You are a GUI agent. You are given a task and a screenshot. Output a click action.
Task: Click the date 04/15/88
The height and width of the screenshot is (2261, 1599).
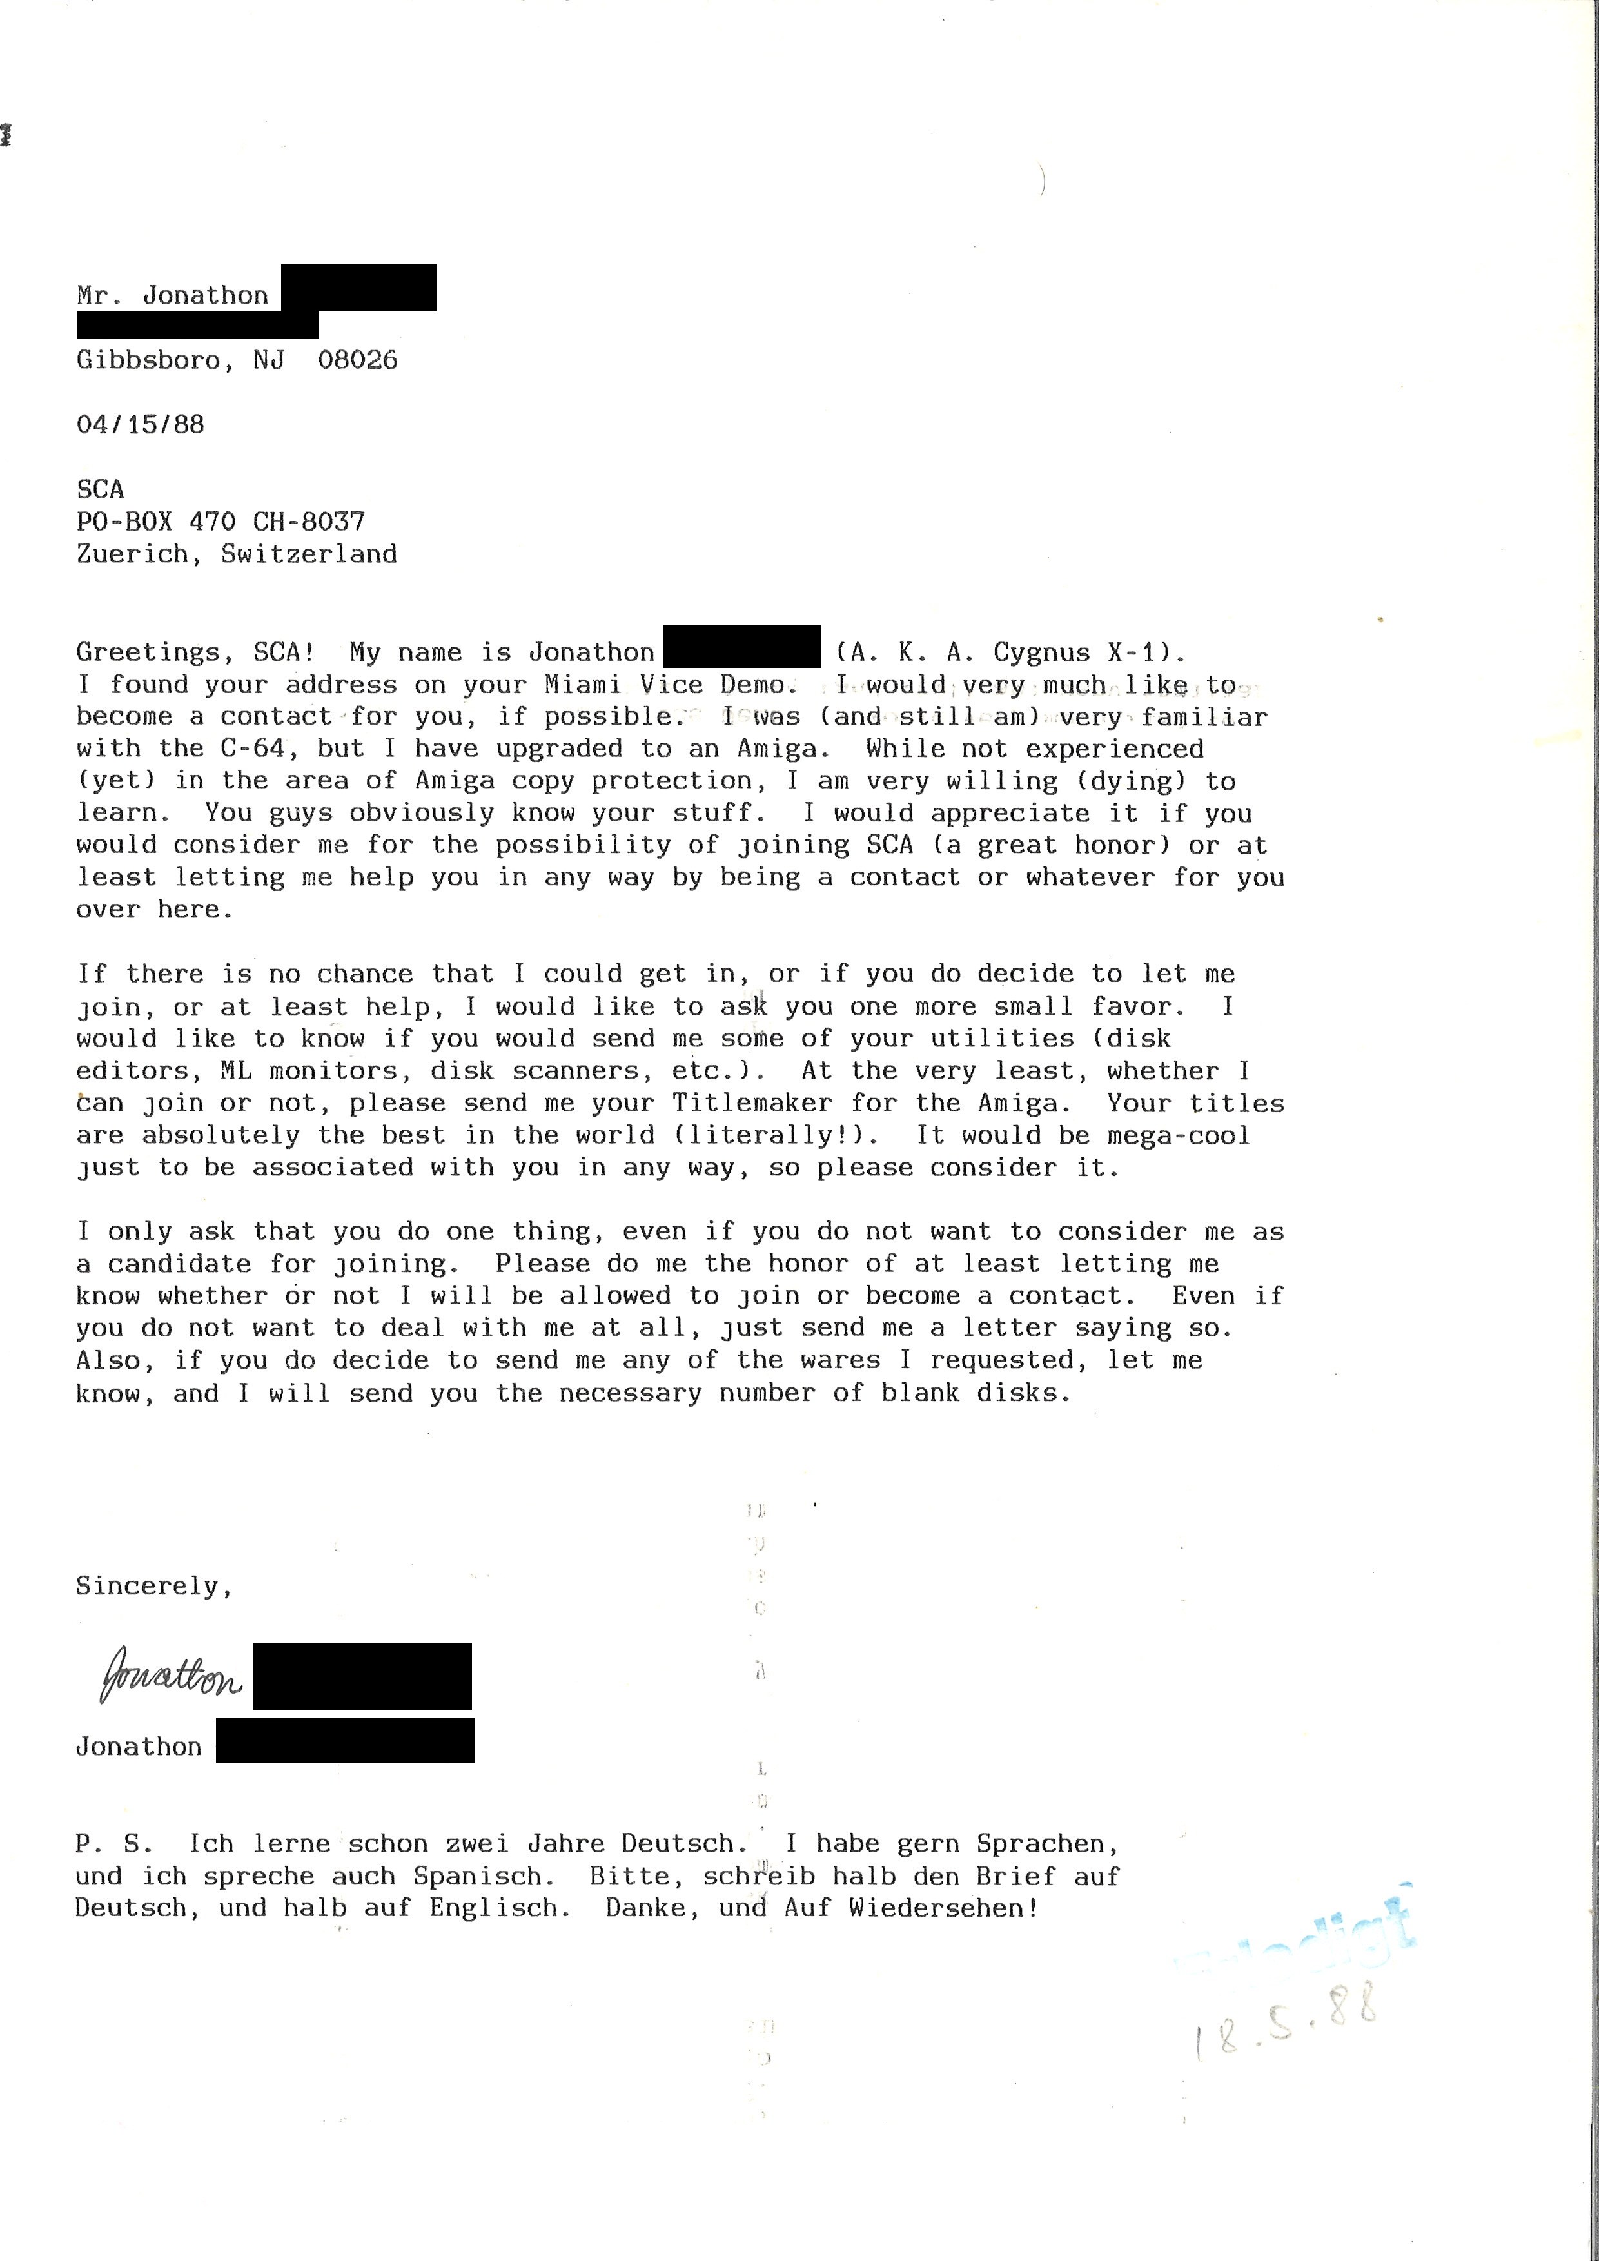pos(140,424)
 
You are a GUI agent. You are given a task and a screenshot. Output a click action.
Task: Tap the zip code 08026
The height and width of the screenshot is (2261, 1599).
pos(357,360)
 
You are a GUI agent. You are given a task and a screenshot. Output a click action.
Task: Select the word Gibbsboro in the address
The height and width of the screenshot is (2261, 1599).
pos(148,360)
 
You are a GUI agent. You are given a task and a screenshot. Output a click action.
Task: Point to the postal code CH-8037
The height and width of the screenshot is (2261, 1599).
pos(308,522)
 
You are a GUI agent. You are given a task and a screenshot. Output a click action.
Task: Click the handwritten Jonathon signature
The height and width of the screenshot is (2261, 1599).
pos(170,1674)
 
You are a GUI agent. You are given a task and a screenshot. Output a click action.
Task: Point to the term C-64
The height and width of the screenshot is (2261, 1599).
pos(252,749)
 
